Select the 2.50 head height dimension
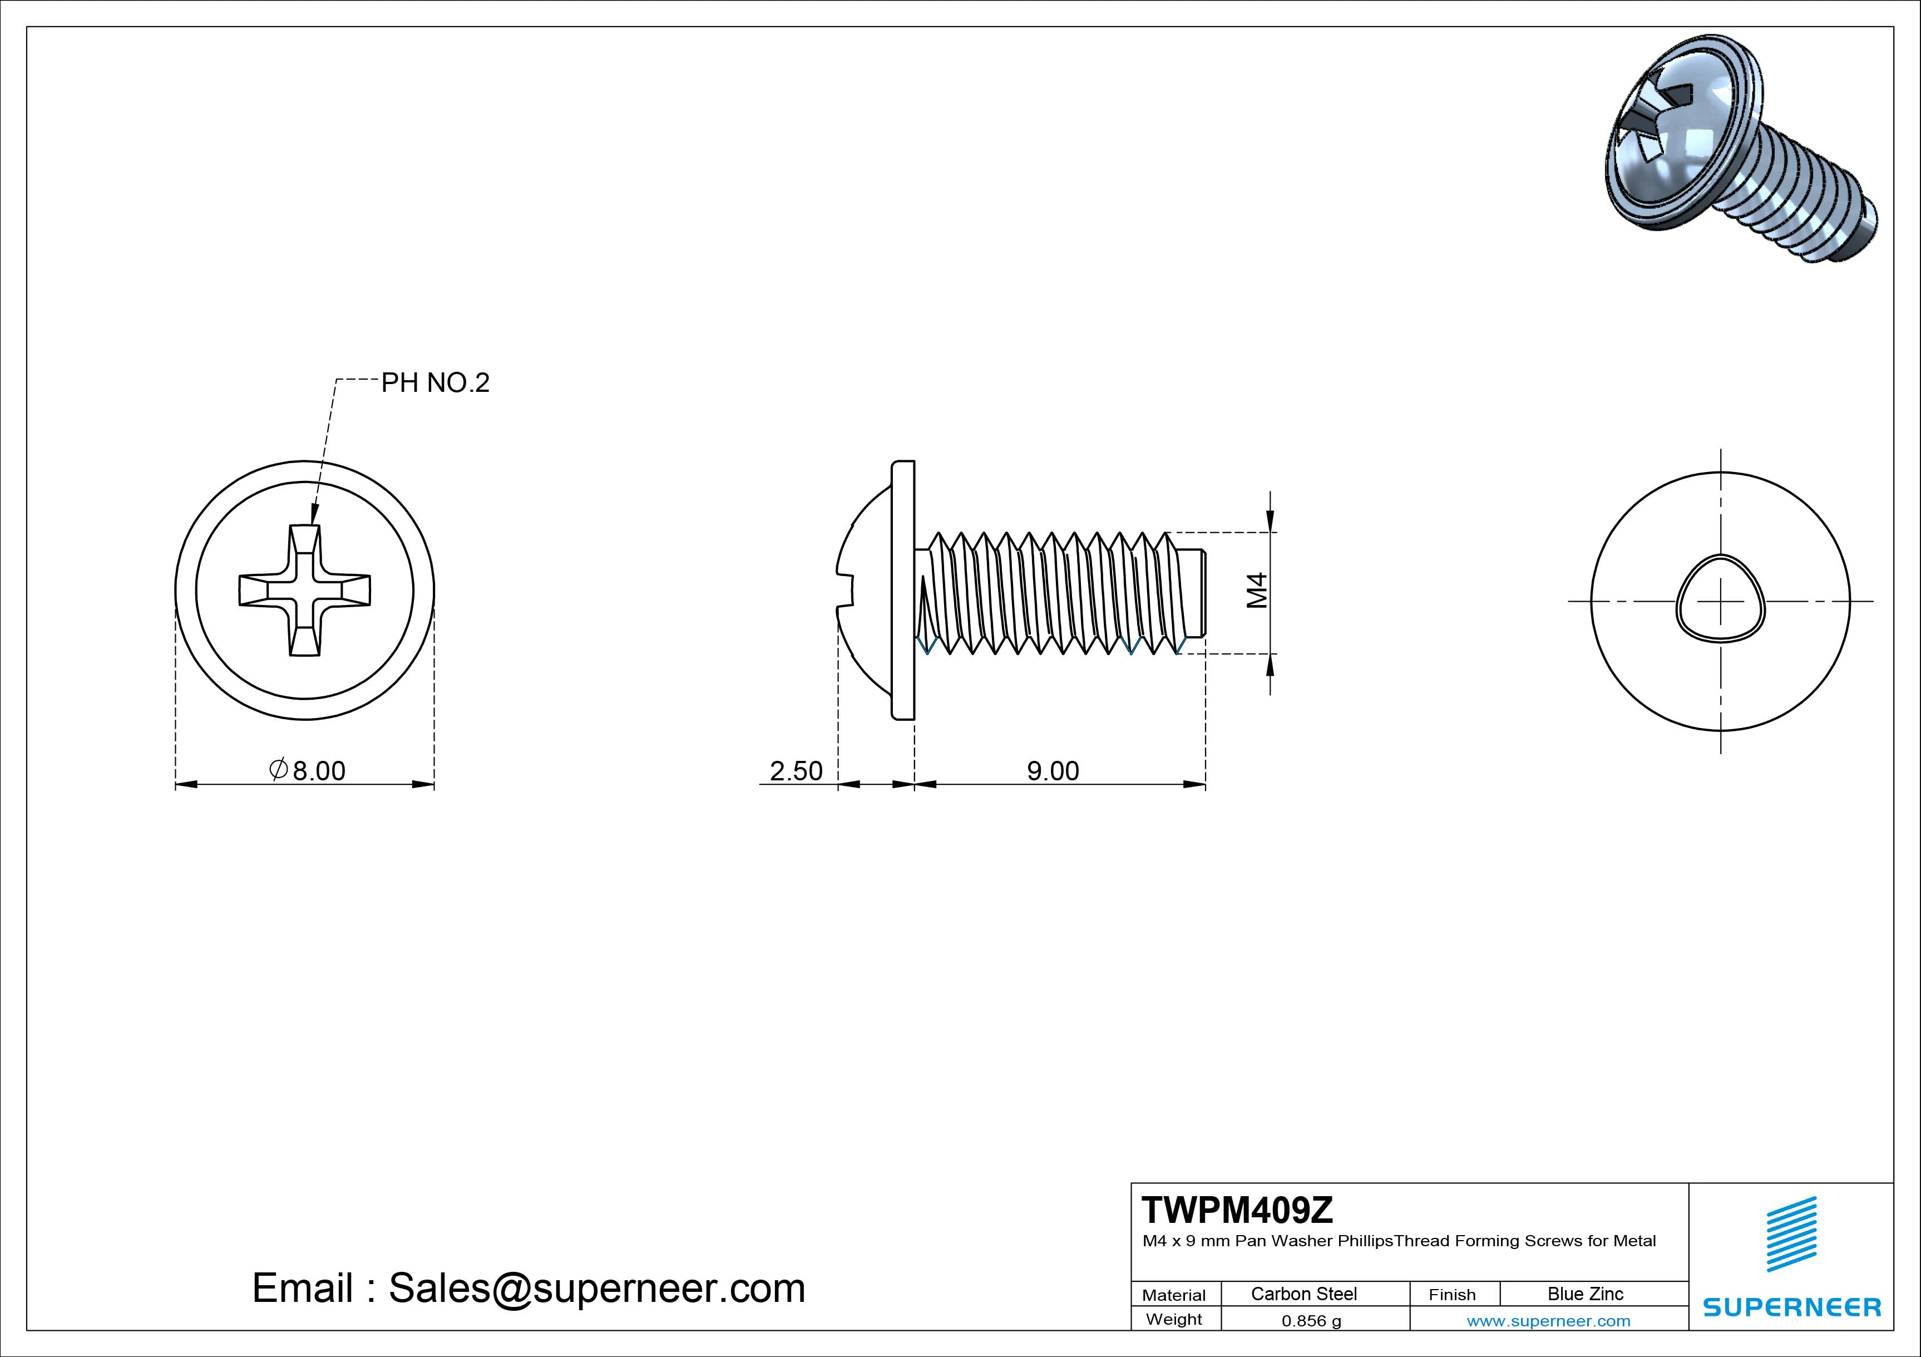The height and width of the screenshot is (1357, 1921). [x=796, y=770]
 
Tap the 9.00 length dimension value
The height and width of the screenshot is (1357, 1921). [x=1053, y=770]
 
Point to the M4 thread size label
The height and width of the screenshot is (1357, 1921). [x=1257, y=591]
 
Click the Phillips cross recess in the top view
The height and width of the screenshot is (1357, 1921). [x=304, y=590]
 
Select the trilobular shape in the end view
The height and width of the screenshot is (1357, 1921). [x=1720, y=600]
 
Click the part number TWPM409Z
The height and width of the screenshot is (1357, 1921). [x=1237, y=1209]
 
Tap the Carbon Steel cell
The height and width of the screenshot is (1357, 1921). [x=1303, y=1294]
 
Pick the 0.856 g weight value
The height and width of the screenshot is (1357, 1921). [x=1311, y=1321]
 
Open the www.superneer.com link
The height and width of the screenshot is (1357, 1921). [x=1548, y=1321]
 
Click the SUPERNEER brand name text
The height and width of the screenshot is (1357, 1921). [x=1791, y=1307]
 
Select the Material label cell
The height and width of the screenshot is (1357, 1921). [x=1174, y=1294]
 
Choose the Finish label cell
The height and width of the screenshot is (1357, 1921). [x=1451, y=1294]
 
